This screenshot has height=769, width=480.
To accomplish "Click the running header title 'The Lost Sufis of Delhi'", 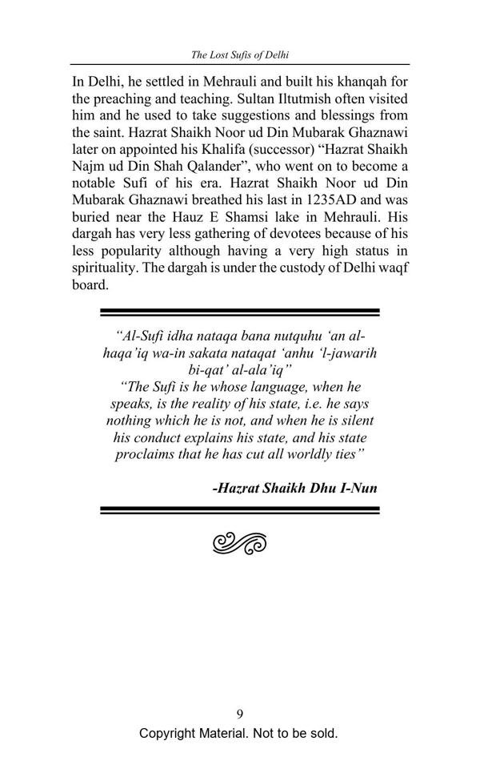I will [240, 55].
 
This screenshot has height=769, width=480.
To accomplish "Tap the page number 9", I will [240, 715].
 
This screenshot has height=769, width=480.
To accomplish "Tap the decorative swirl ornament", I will [240, 543].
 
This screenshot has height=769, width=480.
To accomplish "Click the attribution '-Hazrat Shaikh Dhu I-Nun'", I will [295, 487].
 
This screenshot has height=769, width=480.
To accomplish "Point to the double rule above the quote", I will [240, 313].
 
